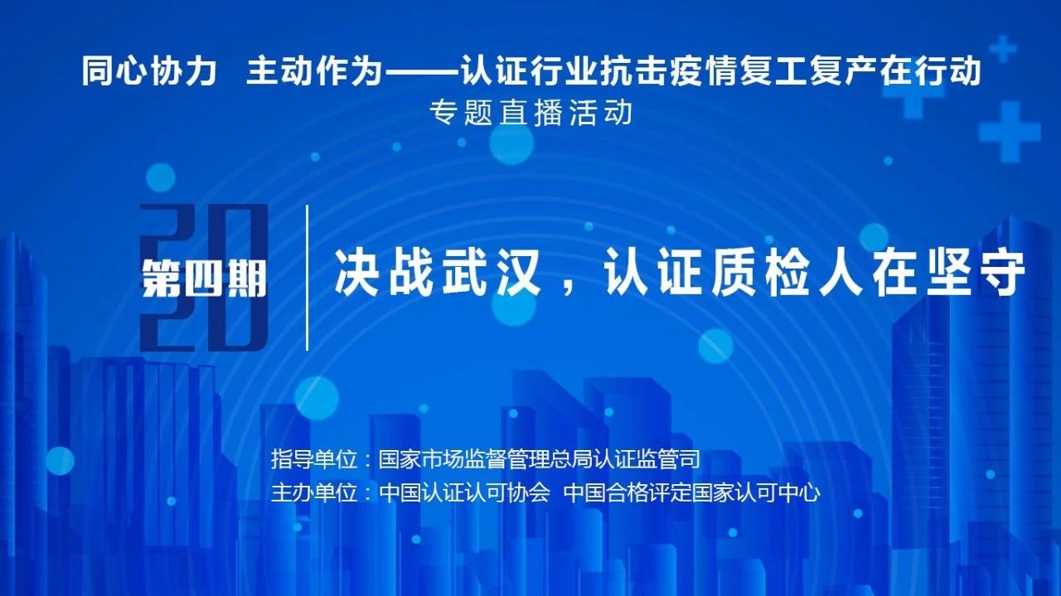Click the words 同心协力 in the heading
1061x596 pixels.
point(149,71)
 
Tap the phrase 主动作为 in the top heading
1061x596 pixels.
point(314,71)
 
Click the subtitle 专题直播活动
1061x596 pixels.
point(531,113)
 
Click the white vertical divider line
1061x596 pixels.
point(308,278)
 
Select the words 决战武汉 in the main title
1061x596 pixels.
point(438,274)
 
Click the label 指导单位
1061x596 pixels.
point(314,459)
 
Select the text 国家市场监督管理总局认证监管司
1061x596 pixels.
point(539,459)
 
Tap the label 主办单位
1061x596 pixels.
point(314,493)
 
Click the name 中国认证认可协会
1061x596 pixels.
point(464,493)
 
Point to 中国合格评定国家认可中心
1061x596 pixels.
point(692,493)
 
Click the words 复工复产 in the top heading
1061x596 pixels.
point(807,71)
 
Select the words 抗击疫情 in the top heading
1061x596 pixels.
point(669,71)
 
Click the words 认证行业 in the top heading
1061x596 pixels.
point(530,71)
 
